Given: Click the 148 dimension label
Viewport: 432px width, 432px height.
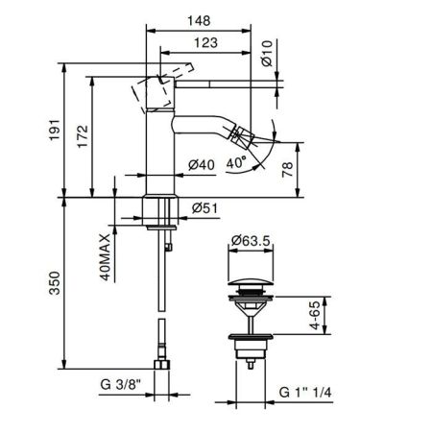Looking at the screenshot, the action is [x=199, y=21].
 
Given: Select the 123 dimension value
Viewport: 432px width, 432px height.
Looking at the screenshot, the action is [x=206, y=42].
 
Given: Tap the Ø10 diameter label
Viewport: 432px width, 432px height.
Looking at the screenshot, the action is [x=267, y=53].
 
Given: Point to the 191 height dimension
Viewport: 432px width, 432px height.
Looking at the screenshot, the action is [x=55, y=130].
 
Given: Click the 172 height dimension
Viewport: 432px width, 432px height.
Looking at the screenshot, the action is [x=83, y=136].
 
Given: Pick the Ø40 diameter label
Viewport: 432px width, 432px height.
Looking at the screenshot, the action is [x=202, y=165].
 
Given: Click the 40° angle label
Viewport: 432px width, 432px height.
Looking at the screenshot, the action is [x=236, y=163].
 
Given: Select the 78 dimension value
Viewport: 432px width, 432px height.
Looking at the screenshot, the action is [x=287, y=170].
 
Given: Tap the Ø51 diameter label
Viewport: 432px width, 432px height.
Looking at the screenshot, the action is [x=204, y=208].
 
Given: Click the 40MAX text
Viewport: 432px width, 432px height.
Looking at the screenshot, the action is [x=105, y=257].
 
